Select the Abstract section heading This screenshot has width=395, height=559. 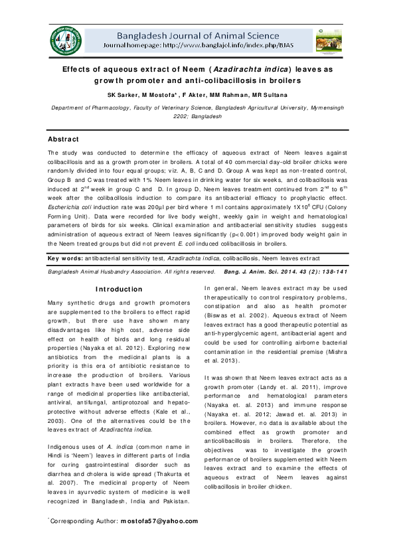(63, 139)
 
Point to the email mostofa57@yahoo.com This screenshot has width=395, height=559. (159, 520)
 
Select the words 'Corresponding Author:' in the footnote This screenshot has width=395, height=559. (84, 520)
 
